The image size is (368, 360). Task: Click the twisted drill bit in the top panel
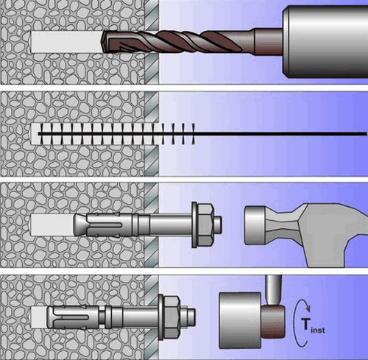pyautogui.click(x=171, y=42)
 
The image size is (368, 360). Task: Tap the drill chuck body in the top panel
pyautogui.click(x=325, y=42)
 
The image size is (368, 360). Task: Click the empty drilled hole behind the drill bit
pyautogui.click(x=66, y=42)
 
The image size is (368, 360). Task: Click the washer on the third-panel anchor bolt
pyautogui.click(x=194, y=225)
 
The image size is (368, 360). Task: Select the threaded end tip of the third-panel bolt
pyautogui.click(x=219, y=225)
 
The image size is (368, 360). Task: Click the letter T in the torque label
pyautogui.click(x=306, y=325)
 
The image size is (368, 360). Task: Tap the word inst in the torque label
pyautogui.click(x=318, y=330)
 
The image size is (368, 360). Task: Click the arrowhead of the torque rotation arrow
pyautogui.click(x=308, y=308)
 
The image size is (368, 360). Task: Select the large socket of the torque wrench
pyautogui.click(x=240, y=320)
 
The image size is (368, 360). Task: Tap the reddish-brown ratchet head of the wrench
pyautogui.click(x=273, y=322)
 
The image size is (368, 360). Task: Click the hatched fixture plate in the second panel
pyautogui.click(x=152, y=134)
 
